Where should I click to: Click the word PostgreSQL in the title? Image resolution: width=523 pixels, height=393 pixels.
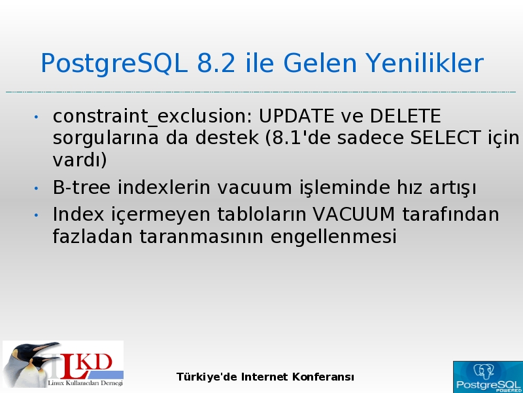click(x=114, y=64)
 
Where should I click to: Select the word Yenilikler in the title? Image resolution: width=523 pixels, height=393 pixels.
click(x=424, y=64)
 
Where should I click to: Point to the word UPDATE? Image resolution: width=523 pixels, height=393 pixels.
click(x=296, y=116)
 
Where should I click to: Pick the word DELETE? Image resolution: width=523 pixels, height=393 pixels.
click(x=405, y=116)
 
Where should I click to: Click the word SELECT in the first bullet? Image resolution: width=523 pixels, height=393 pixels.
click(x=445, y=138)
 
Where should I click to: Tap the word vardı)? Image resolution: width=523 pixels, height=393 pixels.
click(x=80, y=160)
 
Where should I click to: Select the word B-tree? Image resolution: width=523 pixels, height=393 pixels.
click(x=81, y=187)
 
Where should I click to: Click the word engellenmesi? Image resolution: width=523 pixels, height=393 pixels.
click(x=333, y=237)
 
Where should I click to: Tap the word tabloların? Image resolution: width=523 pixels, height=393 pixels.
click(x=262, y=214)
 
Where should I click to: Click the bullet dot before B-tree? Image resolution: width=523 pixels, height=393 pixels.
click(x=36, y=188)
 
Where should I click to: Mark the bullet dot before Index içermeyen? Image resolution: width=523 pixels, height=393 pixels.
click(x=36, y=215)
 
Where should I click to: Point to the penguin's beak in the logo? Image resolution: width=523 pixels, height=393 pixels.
click(x=46, y=346)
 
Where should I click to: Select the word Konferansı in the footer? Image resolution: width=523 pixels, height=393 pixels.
click(x=323, y=377)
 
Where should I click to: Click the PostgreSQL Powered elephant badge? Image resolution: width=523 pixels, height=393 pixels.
click(x=488, y=377)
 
